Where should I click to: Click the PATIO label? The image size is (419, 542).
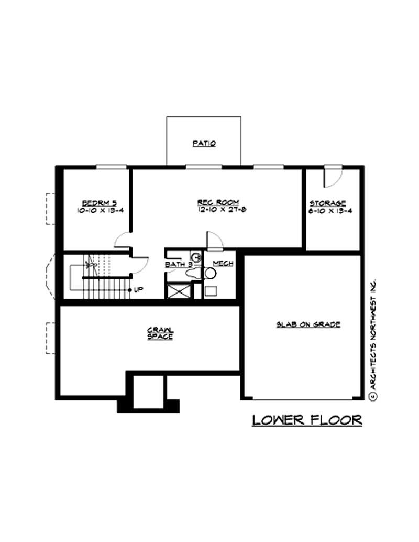tap(204, 143)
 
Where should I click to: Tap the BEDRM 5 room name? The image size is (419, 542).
tap(95, 203)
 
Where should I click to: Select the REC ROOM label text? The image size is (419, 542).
tap(218, 202)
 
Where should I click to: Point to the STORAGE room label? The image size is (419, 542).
tap(327, 203)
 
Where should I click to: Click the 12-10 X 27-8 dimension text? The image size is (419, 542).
tap(218, 210)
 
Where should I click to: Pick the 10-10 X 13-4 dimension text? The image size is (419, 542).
tap(95, 211)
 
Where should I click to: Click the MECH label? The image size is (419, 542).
tap(223, 263)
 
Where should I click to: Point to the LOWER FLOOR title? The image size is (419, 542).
tap(307, 420)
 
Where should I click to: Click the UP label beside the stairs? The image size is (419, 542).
tap(138, 289)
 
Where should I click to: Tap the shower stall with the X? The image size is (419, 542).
tap(178, 290)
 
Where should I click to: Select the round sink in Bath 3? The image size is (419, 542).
tap(195, 258)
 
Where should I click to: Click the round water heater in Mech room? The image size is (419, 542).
tap(211, 273)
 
